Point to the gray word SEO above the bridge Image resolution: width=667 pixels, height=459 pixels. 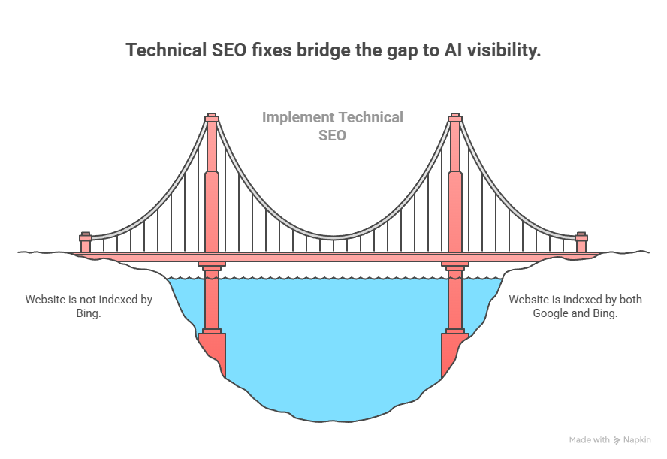tap(332, 136)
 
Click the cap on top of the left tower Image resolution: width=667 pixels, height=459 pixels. tap(212, 118)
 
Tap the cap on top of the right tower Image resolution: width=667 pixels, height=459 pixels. tap(454, 118)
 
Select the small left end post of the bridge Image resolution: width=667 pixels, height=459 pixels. tap(86, 243)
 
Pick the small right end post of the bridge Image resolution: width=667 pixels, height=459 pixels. tap(581, 243)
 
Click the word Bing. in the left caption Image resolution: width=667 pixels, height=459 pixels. tap(88, 313)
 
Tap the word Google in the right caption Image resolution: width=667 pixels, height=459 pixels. tap(551, 313)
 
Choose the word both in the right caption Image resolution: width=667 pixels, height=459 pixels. tap(628, 300)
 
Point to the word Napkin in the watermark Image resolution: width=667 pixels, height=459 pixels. tap(638, 440)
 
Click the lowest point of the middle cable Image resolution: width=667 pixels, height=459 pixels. tap(333, 237)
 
